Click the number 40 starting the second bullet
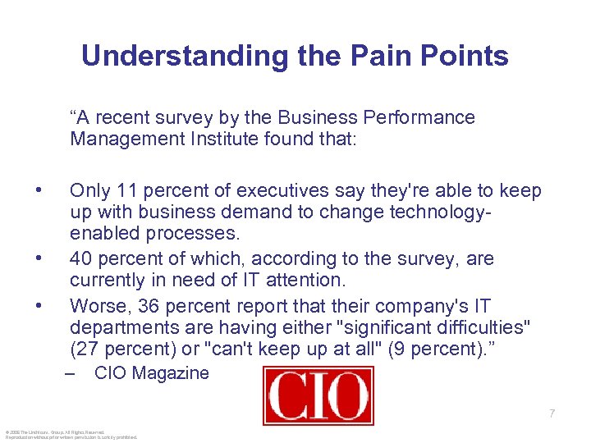pyautogui.click(x=80, y=259)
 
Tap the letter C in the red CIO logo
pyautogui.click(x=288, y=395)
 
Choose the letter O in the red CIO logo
pyautogui.click(x=346, y=395)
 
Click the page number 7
pyautogui.click(x=552, y=413)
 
